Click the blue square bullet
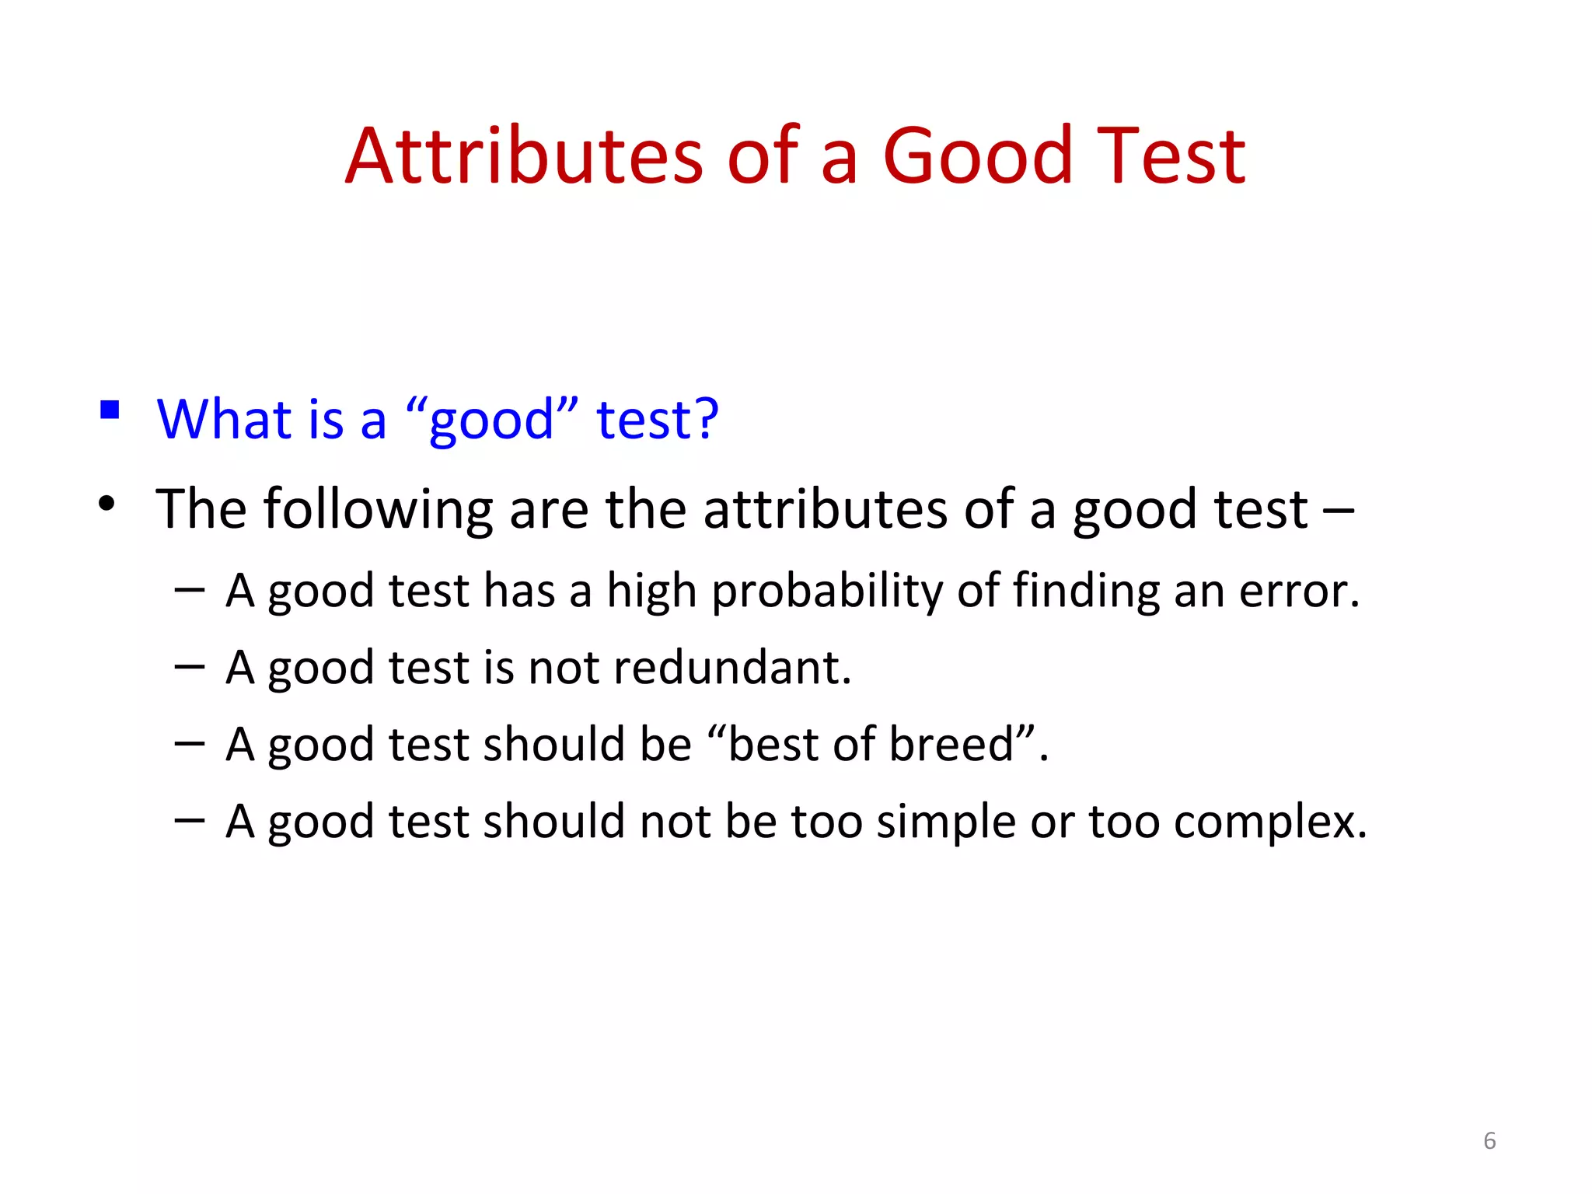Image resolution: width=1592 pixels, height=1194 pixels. point(110,409)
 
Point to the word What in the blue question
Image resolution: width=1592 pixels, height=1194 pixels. point(224,419)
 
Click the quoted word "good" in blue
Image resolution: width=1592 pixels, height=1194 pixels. point(492,421)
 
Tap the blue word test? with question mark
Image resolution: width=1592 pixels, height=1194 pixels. point(658,419)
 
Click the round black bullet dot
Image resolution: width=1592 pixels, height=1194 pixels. point(107,504)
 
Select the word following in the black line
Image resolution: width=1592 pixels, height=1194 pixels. point(379,510)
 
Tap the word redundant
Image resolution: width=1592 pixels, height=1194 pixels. point(731,668)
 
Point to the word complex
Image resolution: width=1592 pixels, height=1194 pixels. point(1269,822)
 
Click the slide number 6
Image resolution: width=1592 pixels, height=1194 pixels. point(1489,1140)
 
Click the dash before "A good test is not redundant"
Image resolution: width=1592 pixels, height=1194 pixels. point(190,667)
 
